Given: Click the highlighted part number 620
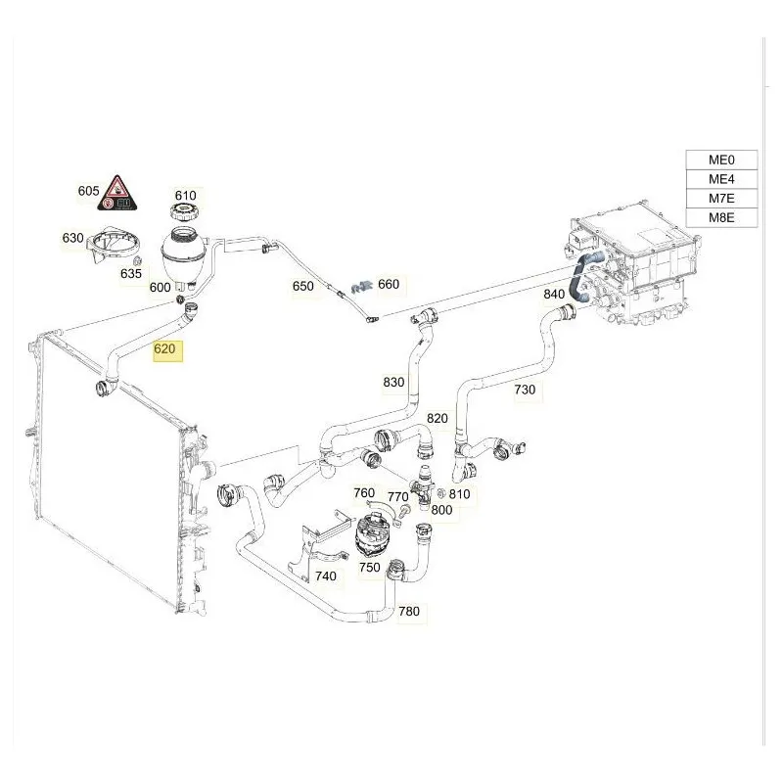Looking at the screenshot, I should pos(166,347).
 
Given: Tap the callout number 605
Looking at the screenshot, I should pos(88,191).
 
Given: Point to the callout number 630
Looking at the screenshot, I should pos(73,238).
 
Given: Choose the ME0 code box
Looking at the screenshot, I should pos(720,161).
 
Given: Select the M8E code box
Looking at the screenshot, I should pos(720,218).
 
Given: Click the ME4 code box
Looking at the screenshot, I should pos(720,179).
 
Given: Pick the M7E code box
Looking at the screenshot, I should pos(720,199).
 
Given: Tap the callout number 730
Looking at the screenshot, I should pos(525,390).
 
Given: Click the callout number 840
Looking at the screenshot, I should pos(554,294).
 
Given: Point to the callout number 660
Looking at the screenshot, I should pos(389,285).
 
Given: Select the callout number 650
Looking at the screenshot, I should pos(303,287).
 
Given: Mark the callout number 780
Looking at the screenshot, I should pos(409,612).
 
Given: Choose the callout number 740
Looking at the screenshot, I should pos(325,576).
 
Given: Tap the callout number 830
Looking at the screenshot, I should pos(393,383).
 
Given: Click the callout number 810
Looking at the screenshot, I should pos(459,494).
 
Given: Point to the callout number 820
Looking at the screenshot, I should pos(437,418).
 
